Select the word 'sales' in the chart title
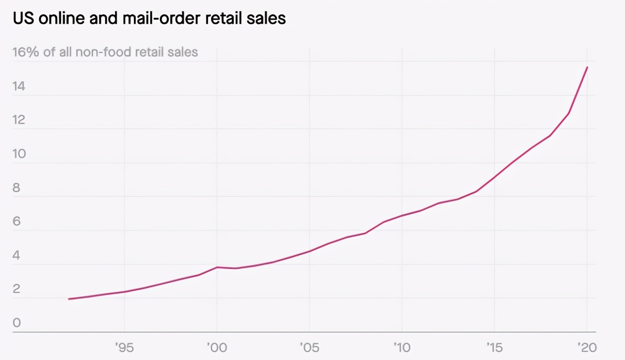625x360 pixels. click(x=264, y=19)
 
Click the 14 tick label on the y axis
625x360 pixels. click(x=19, y=86)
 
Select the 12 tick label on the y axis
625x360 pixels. click(x=19, y=120)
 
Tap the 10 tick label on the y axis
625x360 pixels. click(x=19, y=154)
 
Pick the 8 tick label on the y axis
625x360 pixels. click(x=17, y=188)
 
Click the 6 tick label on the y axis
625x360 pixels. click(x=17, y=221)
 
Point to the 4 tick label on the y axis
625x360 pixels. click(x=17, y=255)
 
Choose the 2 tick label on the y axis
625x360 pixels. click(x=17, y=289)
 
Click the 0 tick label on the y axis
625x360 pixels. click(x=17, y=323)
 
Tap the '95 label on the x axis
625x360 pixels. click(x=124, y=347)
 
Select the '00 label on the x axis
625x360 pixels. click(x=217, y=347)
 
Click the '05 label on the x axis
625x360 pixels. click(x=309, y=347)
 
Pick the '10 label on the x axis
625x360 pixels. click(x=402, y=347)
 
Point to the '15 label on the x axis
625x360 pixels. click(x=494, y=347)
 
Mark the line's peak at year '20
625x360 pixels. click(x=587, y=67)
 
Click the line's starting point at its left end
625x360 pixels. click(x=69, y=299)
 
